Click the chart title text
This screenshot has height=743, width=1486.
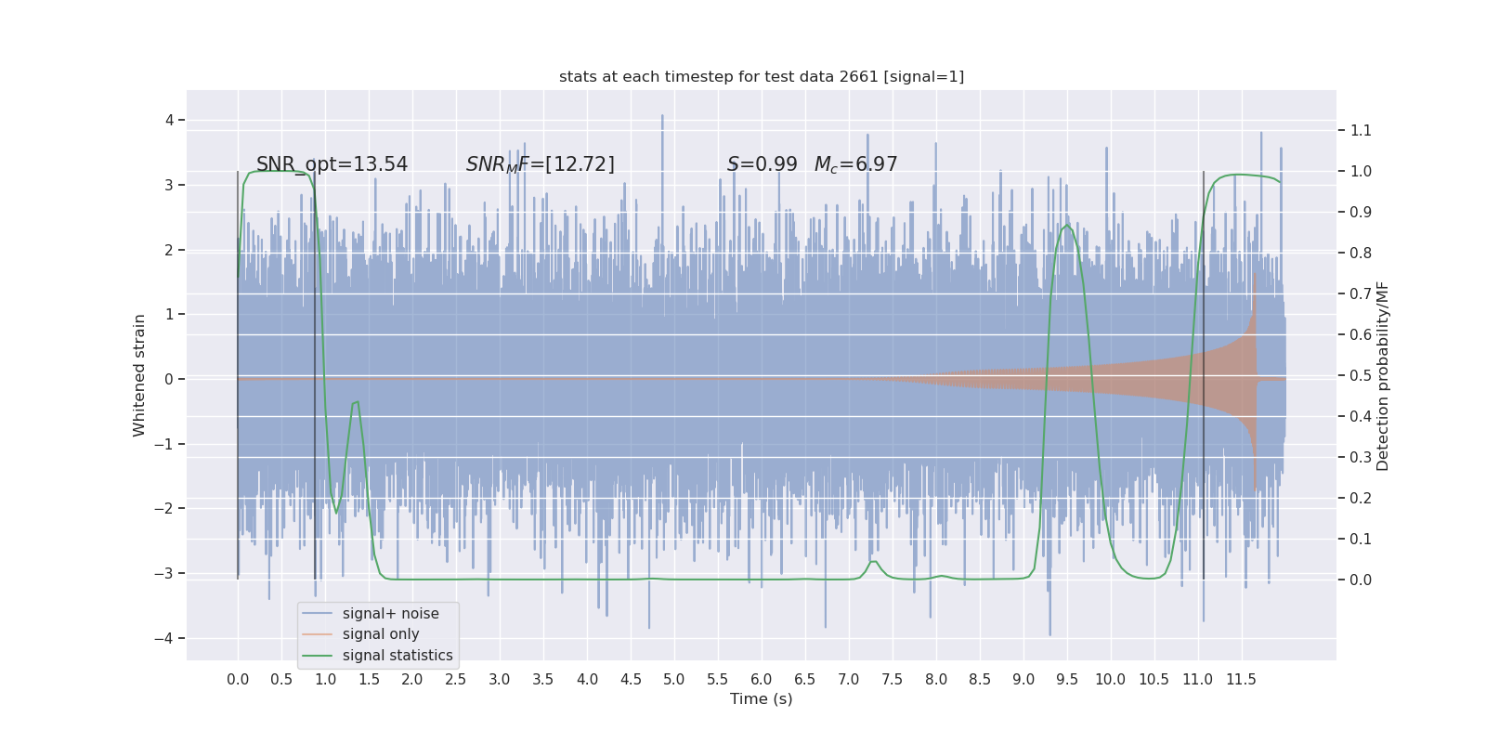[762, 77]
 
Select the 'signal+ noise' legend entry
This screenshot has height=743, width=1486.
[390, 614]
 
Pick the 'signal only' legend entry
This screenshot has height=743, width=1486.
[381, 634]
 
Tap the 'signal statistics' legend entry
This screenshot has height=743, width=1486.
[398, 656]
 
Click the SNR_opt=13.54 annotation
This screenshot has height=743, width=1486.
[332, 164]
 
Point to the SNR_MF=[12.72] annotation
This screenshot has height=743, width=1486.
[540, 164]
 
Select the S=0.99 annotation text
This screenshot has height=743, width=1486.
[762, 164]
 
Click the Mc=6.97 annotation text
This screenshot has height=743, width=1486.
[855, 164]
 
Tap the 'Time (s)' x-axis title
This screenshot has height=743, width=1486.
[761, 699]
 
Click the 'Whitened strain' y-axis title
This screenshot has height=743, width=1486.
[139, 375]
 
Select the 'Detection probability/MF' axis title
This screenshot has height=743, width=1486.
[1383, 376]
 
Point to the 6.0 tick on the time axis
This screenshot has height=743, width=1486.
[761, 680]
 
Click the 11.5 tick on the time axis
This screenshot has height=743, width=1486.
[1241, 680]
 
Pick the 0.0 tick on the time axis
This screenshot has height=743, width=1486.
[238, 680]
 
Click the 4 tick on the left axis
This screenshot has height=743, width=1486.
[169, 120]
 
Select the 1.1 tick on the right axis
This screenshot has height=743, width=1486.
[1361, 131]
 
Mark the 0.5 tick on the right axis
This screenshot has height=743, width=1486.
[1361, 375]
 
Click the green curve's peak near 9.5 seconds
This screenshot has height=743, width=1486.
[1067, 226]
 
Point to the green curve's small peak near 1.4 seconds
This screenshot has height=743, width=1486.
[357, 402]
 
